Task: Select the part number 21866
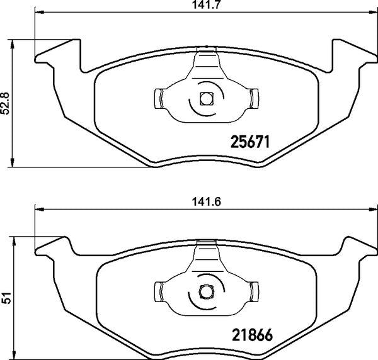coord(248,337)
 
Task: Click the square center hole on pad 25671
coord(205,98)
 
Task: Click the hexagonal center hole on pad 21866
coord(205,291)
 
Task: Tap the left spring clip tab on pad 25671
coord(159,98)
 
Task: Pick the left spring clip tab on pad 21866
coord(159,291)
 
